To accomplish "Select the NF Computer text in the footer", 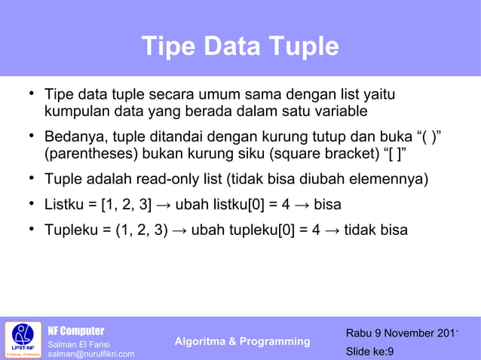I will tap(76, 331).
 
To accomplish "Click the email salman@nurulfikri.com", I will tap(91, 354).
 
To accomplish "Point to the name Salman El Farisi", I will tap(79, 344).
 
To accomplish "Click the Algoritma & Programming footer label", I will tap(242, 342).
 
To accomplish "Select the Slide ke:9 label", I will tap(369, 351).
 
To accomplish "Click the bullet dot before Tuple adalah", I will tap(26, 178).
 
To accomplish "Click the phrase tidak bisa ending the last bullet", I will tap(376, 229).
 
